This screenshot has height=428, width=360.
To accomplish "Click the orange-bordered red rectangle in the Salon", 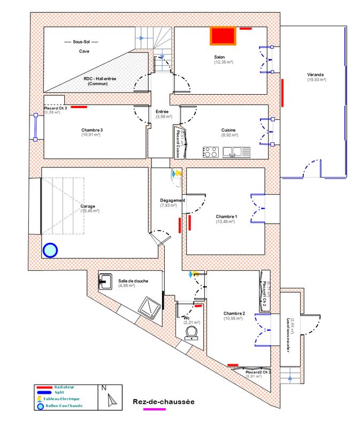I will (x=223, y=36).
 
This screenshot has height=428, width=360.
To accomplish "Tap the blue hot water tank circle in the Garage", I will (x=50, y=250).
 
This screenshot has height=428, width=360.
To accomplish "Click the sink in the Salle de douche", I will (x=105, y=280).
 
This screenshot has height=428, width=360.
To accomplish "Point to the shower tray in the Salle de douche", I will (x=147, y=307).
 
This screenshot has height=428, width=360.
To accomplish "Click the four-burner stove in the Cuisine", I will (x=210, y=152).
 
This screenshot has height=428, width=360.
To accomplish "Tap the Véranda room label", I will (x=316, y=74).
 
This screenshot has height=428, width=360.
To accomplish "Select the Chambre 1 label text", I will (x=226, y=216).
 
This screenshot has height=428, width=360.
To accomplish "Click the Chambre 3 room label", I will (x=92, y=130).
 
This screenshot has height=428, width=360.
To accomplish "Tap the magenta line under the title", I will (x=155, y=410).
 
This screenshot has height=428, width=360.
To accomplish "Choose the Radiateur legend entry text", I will (x=63, y=386).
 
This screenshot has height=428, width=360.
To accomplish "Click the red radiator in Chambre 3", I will (x=79, y=107).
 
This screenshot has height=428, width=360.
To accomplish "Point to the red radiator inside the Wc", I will (x=198, y=307).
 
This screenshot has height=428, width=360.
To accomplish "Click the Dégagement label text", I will (x=172, y=201).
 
